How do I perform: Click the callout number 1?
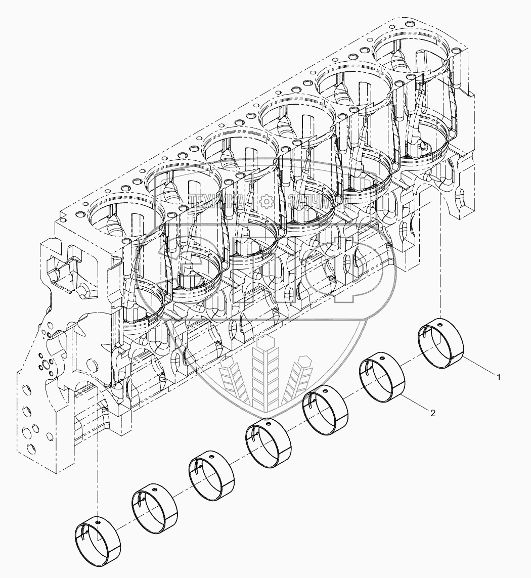[499, 377]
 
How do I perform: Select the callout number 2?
[433, 413]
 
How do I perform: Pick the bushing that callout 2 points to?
[383, 377]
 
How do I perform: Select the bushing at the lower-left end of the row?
[99, 538]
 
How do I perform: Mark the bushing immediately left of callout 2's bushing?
[326, 410]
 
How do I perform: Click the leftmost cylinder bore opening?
[114, 215]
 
